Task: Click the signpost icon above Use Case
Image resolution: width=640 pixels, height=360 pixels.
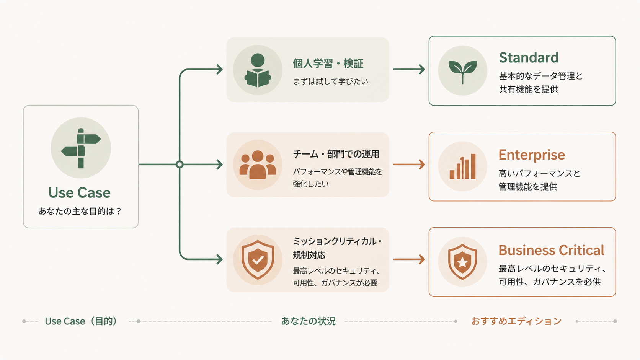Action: tap(81, 148)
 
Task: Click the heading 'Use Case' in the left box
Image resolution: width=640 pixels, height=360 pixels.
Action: tap(80, 193)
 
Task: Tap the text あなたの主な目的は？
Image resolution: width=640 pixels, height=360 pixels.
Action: tap(80, 211)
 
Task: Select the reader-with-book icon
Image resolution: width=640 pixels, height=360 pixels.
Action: tap(258, 70)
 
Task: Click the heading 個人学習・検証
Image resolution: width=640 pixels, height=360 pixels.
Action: tap(328, 64)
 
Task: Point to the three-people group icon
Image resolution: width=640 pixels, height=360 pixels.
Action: tap(258, 165)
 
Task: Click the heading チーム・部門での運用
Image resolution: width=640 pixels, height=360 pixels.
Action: tap(336, 154)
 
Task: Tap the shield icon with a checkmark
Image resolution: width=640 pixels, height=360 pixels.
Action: tap(258, 260)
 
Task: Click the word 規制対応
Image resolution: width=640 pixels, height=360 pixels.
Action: tap(309, 255)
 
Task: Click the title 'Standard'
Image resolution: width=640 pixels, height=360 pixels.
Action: tap(529, 58)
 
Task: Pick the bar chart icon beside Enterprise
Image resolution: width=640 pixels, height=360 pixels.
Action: tap(462, 166)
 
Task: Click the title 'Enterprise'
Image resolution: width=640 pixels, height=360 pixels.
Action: tap(532, 155)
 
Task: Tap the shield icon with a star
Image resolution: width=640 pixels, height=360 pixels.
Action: tap(462, 262)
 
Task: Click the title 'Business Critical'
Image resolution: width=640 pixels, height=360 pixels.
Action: tap(551, 250)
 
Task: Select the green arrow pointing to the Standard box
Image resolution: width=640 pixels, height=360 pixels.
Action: tap(409, 69)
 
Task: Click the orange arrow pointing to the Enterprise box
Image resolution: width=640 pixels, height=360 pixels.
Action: tap(409, 165)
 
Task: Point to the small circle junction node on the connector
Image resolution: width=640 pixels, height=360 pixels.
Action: tap(180, 165)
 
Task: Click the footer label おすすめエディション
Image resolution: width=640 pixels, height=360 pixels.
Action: tap(516, 321)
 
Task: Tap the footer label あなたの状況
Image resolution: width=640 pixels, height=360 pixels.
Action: tap(308, 321)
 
